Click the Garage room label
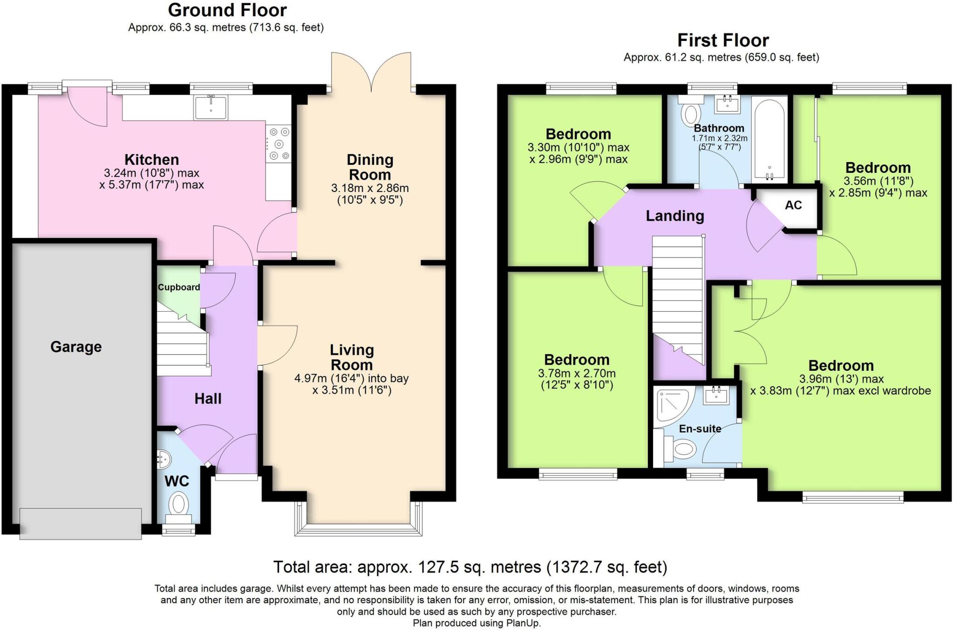point(76,347)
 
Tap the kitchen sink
point(211,108)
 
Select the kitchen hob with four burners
point(279,144)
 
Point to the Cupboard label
point(179,287)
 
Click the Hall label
point(208,399)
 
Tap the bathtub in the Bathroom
point(770,139)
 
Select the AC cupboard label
point(793,205)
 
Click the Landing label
point(675,216)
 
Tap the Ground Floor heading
point(227,10)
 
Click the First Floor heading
point(723,41)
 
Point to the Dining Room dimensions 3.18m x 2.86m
point(370,189)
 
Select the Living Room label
point(352,357)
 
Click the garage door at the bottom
point(81,524)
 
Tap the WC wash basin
point(164,459)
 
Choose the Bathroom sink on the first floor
point(727,104)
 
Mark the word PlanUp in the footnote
point(523,623)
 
